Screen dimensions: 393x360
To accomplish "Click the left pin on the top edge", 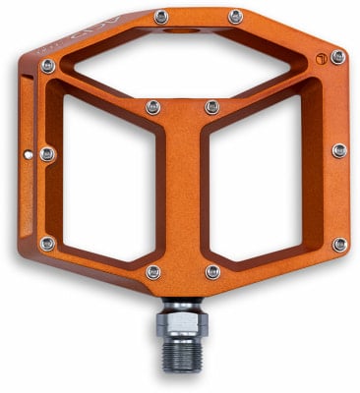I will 161,17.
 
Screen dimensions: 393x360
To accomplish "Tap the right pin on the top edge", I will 236,17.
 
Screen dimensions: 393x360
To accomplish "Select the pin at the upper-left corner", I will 47,66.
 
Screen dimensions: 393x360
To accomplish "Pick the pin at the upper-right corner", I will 337,57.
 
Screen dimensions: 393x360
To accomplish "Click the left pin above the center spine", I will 153,106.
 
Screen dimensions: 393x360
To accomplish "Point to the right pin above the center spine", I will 212,106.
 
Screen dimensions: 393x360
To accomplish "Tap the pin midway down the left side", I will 47,154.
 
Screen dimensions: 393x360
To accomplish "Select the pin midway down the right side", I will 339,150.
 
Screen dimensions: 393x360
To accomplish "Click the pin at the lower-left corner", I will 47,243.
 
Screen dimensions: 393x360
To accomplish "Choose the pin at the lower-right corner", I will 339,244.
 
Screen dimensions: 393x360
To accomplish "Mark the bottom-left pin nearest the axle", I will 153,271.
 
